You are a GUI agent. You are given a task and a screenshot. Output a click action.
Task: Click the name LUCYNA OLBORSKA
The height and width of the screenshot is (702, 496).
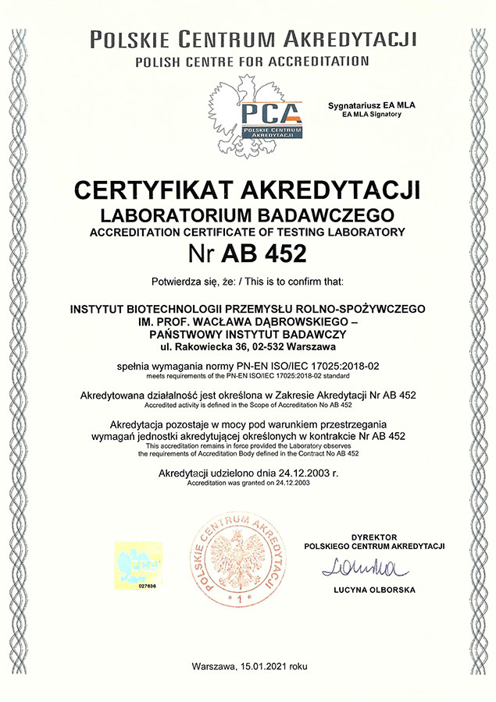point(374,590)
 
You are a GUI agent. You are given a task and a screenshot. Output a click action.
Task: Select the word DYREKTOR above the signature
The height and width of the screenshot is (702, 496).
point(375,537)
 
